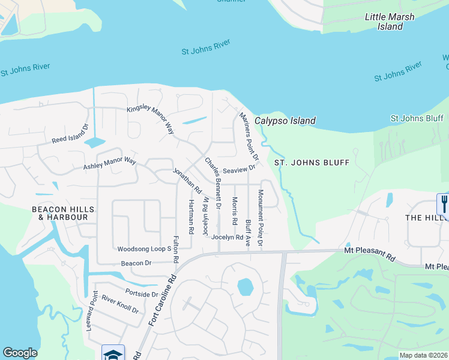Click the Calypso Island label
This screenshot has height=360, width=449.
click(285, 121)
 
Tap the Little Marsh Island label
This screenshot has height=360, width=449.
click(389, 22)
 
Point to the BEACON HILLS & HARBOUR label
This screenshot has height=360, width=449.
click(55, 212)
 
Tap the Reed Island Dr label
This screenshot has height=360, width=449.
click(70, 133)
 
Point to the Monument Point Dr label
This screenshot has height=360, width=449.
click(261, 218)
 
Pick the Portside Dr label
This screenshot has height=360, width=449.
click(142, 294)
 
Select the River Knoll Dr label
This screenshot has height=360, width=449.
click(120, 304)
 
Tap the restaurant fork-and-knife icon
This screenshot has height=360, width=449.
click(443, 204)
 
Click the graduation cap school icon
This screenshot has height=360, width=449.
click(113, 353)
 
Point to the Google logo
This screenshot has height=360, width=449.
click(20, 352)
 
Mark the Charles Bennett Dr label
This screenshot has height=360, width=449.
click(213, 182)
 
